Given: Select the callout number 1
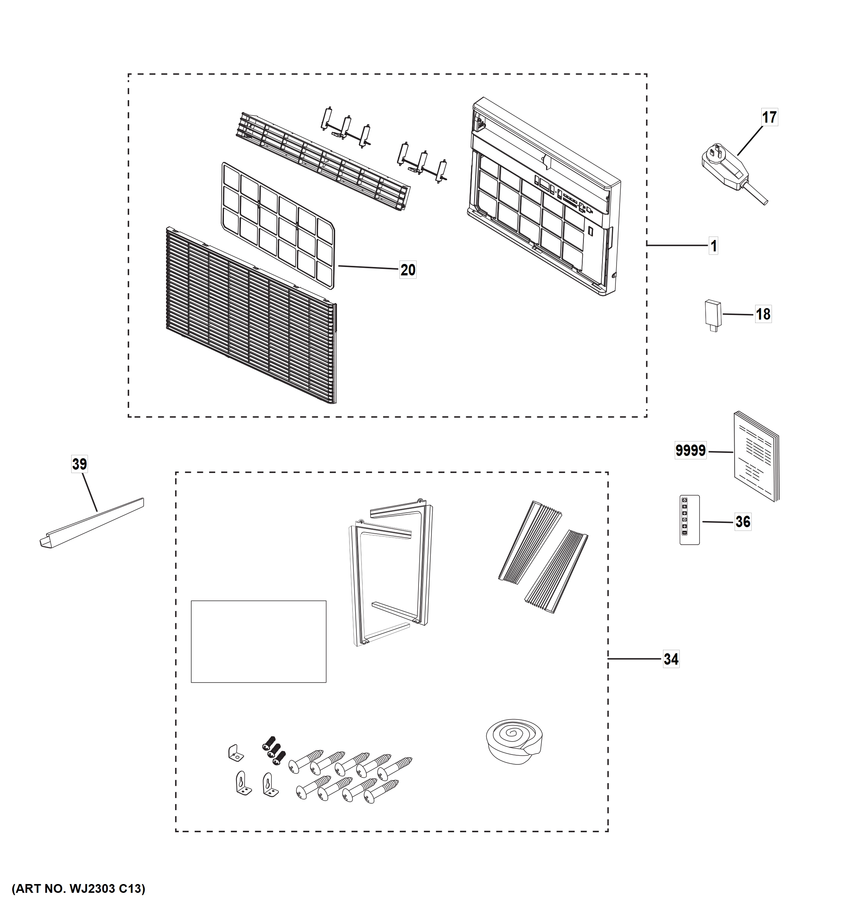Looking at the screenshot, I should click(714, 246).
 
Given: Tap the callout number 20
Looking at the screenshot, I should click(408, 270).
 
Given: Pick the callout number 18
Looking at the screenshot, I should click(763, 314).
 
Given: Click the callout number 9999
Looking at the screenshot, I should click(690, 451).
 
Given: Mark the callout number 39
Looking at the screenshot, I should click(79, 464).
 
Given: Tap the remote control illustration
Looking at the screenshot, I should click(689, 520).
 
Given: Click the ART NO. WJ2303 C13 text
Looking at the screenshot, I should click(78, 888).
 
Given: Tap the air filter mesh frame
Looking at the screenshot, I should click(278, 225).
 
